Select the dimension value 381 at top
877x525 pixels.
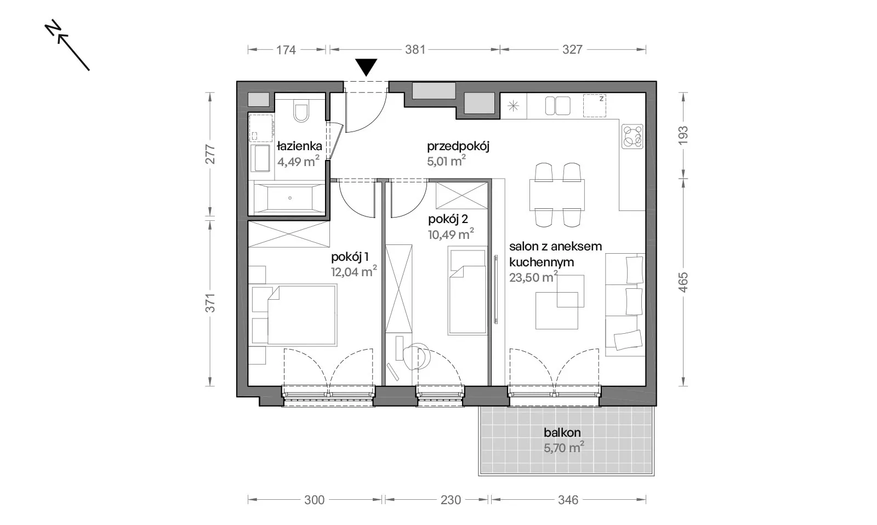coord(415,50)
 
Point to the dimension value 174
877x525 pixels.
coord(286,50)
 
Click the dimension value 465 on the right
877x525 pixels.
coord(683,282)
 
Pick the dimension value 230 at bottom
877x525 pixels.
coord(451,500)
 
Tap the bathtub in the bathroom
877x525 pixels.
coord(289,198)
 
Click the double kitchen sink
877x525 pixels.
coord(557,106)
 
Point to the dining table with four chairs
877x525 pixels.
coord(557,195)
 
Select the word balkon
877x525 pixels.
coord(562,432)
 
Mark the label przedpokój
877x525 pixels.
coord(458,147)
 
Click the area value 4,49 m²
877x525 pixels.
coord(298,161)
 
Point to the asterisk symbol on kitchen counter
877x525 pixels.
coord(513,106)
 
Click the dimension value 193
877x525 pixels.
coord(683,135)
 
